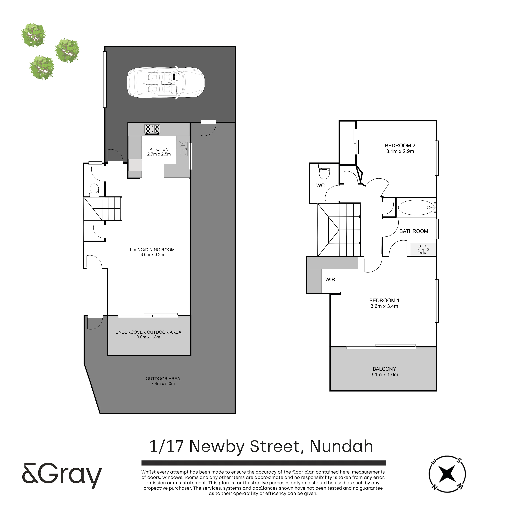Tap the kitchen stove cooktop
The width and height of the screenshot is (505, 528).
(x=152, y=129)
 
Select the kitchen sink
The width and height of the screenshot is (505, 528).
(x=183, y=149)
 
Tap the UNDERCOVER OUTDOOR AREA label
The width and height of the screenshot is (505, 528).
(x=148, y=332)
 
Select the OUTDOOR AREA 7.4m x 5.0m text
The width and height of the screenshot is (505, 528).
(x=163, y=381)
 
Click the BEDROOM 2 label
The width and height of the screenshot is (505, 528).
(x=400, y=146)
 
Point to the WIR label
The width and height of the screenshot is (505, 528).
(x=330, y=280)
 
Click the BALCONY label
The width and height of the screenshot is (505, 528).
(x=384, y=369)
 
